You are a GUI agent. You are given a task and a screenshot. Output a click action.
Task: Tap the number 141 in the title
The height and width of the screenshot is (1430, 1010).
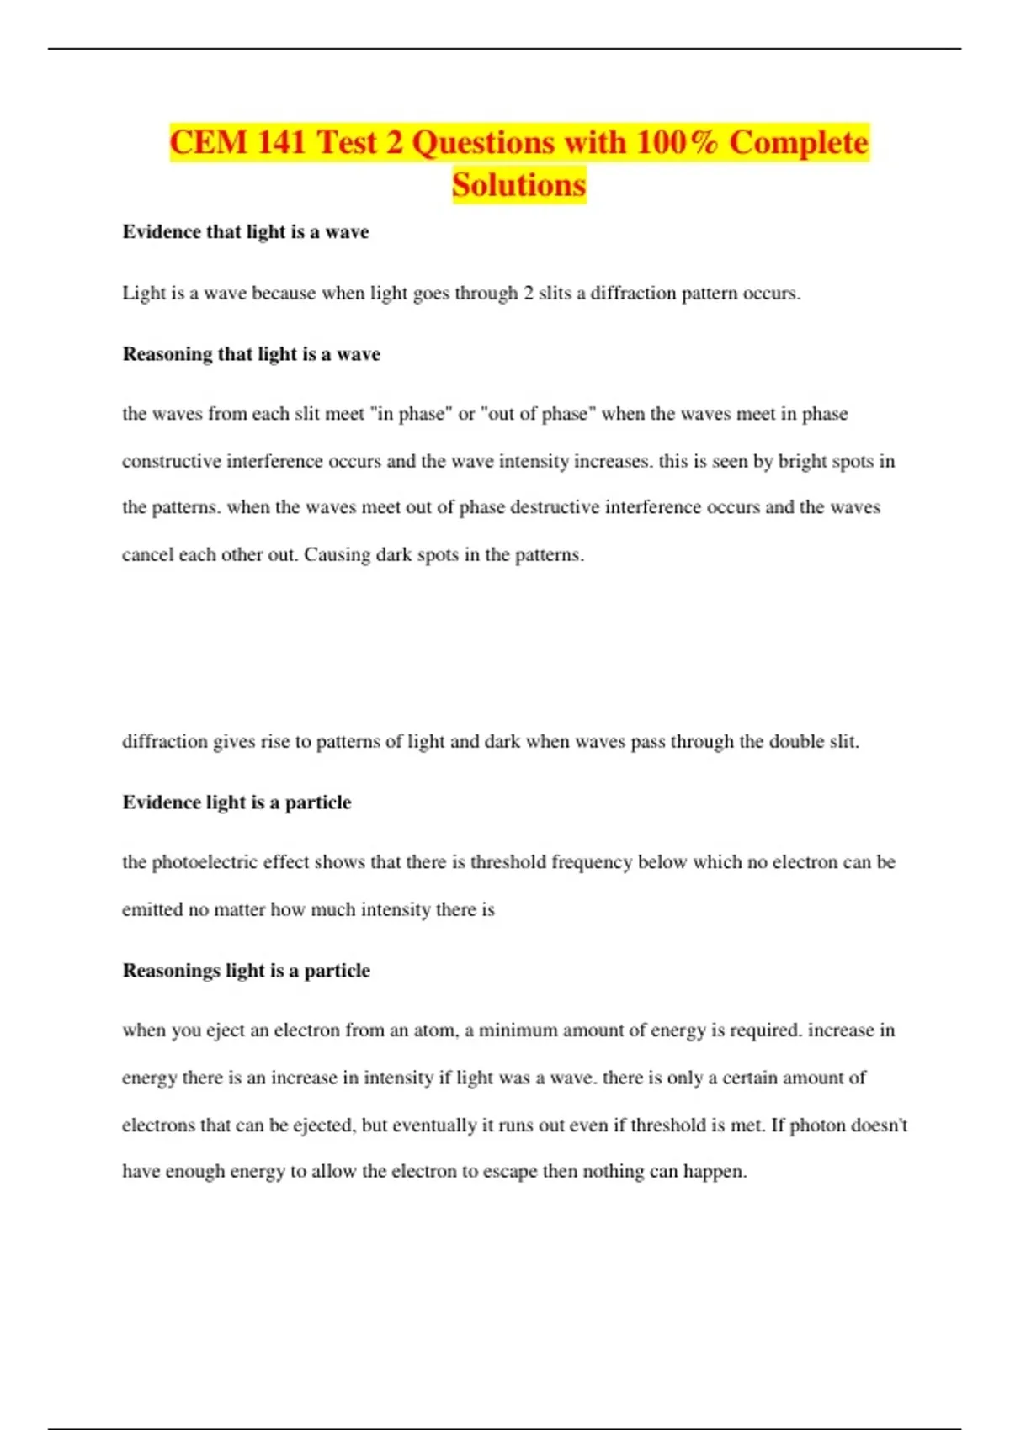coord(281,142)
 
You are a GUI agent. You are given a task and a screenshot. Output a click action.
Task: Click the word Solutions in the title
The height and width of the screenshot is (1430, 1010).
coord(518,185)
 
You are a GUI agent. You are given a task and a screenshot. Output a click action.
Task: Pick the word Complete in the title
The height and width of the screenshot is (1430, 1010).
coord(798,142)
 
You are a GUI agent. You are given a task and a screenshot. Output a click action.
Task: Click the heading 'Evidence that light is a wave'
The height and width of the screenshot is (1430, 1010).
coord(246,232)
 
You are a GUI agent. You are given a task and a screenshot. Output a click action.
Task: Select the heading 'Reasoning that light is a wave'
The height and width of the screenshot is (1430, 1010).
coord(252,354)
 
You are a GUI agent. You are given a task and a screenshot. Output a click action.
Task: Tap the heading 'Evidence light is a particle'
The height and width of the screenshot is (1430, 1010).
coord(237,802)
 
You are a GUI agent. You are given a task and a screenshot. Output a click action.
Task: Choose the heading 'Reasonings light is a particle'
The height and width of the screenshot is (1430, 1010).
coord(247,971)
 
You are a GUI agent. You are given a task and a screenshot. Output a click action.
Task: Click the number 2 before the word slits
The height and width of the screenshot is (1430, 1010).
coord(529,294)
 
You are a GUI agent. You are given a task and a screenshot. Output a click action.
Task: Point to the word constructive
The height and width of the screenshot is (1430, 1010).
coord(171,462)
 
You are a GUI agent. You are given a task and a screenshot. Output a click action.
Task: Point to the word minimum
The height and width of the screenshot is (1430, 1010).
coord(518,1030)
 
